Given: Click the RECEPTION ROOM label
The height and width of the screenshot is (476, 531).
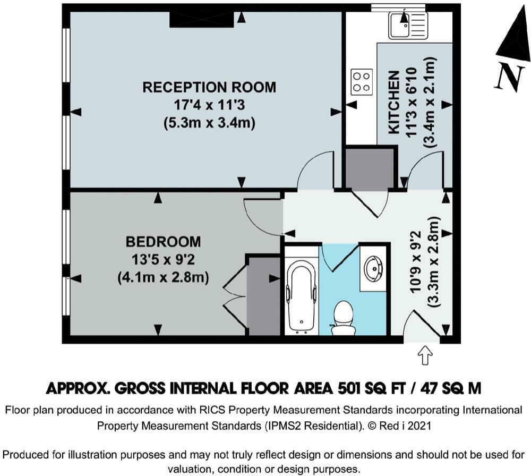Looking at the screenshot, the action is (x=209, y=87).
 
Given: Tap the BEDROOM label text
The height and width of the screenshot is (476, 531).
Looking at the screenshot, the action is (x=163, y=242).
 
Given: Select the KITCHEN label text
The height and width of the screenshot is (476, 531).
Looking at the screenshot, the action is (x=394, y=103).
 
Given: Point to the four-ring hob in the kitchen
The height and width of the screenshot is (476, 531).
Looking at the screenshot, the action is (x=361, y=81).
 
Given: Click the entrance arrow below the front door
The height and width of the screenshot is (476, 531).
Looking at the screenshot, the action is (x=425, y=355).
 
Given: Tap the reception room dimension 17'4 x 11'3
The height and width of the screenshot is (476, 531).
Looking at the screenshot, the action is (x=209, y=105).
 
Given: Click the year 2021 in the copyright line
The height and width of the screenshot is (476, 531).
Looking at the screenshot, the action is (x=419, y=426).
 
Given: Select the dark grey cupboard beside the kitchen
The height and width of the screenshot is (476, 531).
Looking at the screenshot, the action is (x=370, y=168).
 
